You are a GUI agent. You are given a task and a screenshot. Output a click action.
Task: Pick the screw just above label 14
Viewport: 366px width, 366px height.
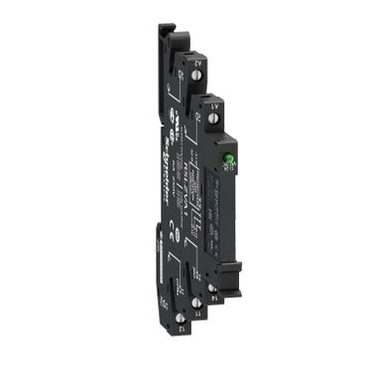point(211,287)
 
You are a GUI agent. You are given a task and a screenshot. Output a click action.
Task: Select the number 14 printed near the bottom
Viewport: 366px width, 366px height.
point(216,296)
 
